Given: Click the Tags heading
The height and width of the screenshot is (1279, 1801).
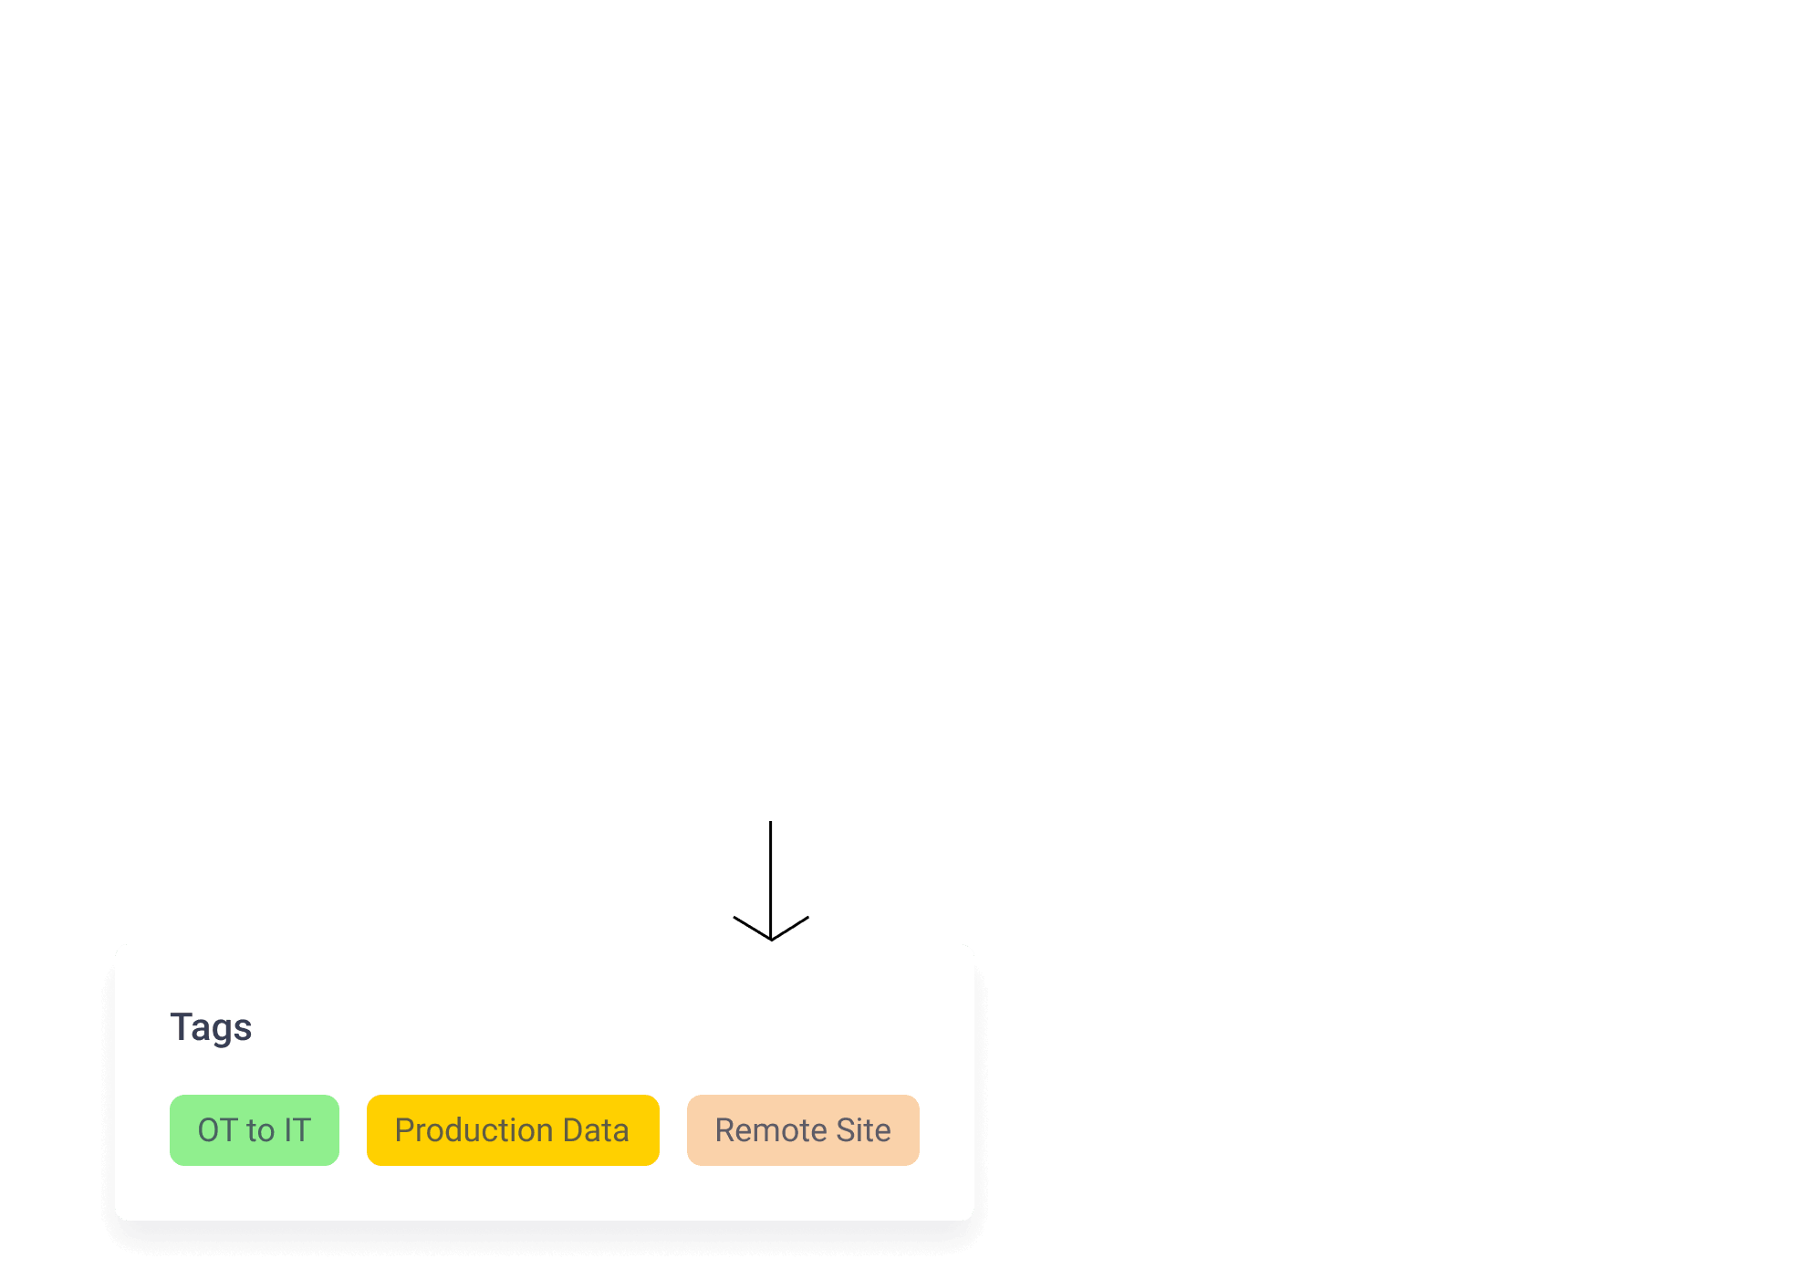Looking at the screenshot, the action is [211, 1028].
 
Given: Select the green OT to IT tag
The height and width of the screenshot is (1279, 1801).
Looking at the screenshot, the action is [255, 1130].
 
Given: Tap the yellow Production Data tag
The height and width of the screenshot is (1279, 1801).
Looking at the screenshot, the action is [513, 1130].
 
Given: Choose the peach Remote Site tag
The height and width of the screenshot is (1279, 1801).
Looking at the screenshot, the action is [803, 1130].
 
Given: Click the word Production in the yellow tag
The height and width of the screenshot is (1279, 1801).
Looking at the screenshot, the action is [474, 1130].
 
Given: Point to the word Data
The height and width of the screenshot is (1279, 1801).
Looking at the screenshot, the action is [596, 1130].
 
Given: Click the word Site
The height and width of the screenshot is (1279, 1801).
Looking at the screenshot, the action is [864, 1130].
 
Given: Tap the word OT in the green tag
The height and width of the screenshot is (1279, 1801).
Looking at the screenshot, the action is [218, 1130].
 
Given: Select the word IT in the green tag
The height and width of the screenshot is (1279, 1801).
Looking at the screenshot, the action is [297, 1130].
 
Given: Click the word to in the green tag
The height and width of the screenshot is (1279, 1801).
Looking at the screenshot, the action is [261, 1130].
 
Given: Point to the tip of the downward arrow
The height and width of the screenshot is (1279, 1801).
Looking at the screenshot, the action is [771, 940].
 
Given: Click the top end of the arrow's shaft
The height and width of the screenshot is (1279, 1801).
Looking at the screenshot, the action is [771, 822].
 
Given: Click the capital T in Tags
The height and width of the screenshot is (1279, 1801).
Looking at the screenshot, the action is [180, 1026].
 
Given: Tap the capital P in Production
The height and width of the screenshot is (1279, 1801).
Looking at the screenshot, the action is [404, 1130].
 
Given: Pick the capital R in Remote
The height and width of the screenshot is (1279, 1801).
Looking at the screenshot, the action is [725, 1130].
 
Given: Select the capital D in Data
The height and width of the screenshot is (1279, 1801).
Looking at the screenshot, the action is [573, 1130].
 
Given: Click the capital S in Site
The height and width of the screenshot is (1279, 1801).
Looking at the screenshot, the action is [847, 1130].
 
